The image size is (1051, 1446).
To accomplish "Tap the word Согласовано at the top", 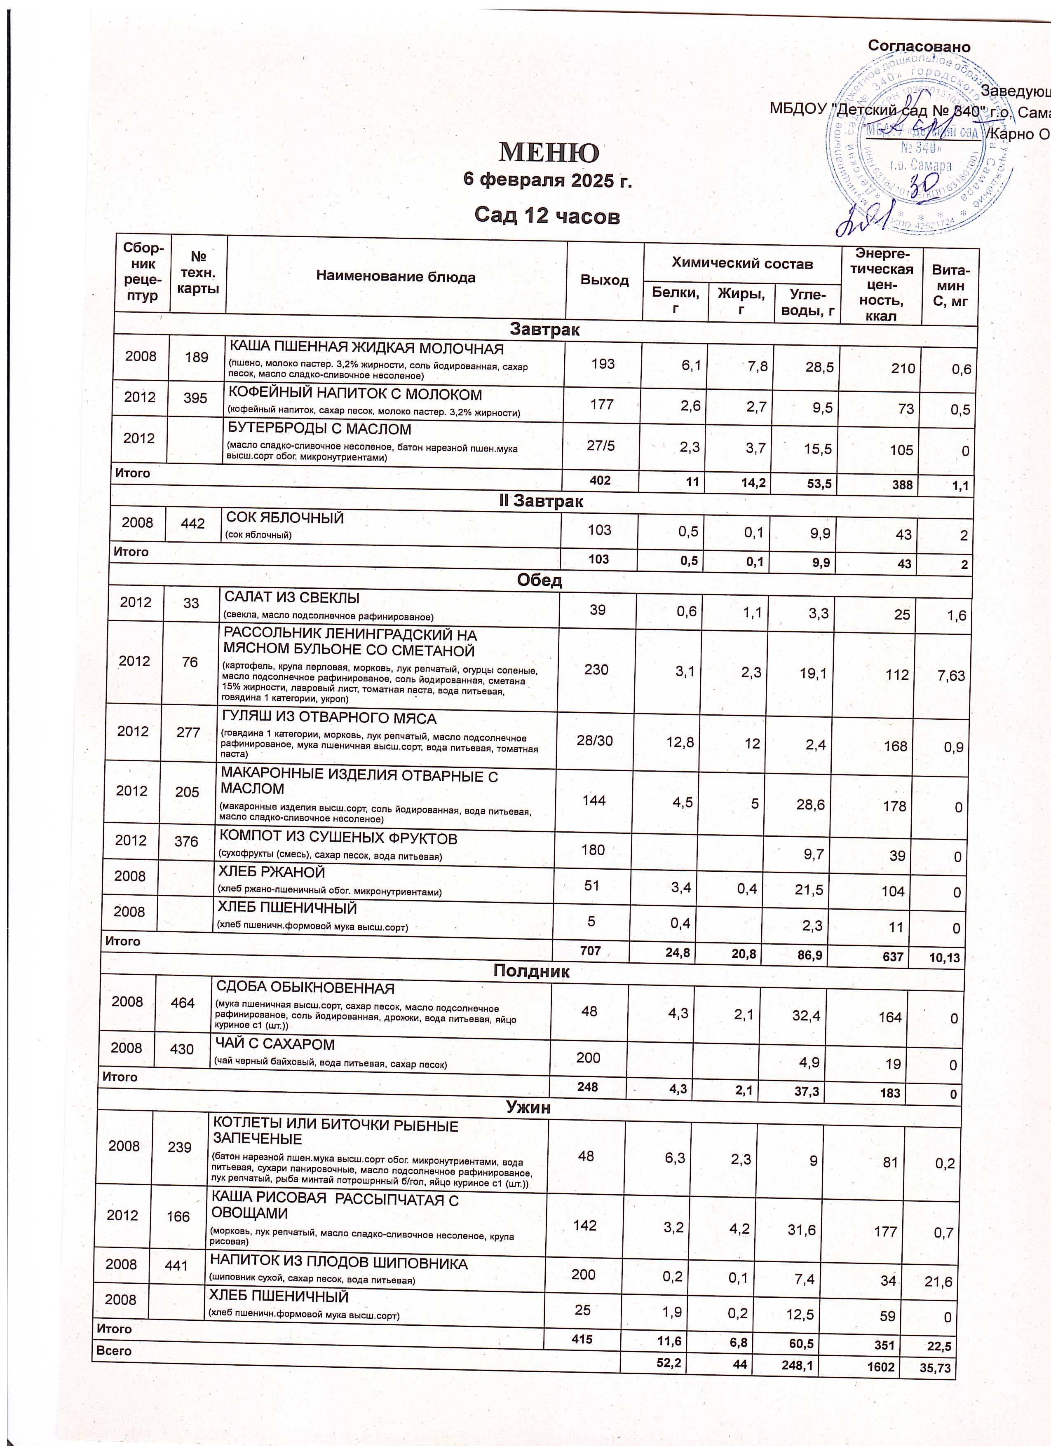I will coord(919,47).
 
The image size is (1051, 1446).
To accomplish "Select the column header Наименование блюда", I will coord(396,277).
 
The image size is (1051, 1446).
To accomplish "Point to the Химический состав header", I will coord(743,263).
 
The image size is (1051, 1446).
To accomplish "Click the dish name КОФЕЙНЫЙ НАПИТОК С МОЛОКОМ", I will coord(355,394).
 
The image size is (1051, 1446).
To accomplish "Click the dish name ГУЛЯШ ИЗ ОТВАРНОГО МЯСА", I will coord(328,718).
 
